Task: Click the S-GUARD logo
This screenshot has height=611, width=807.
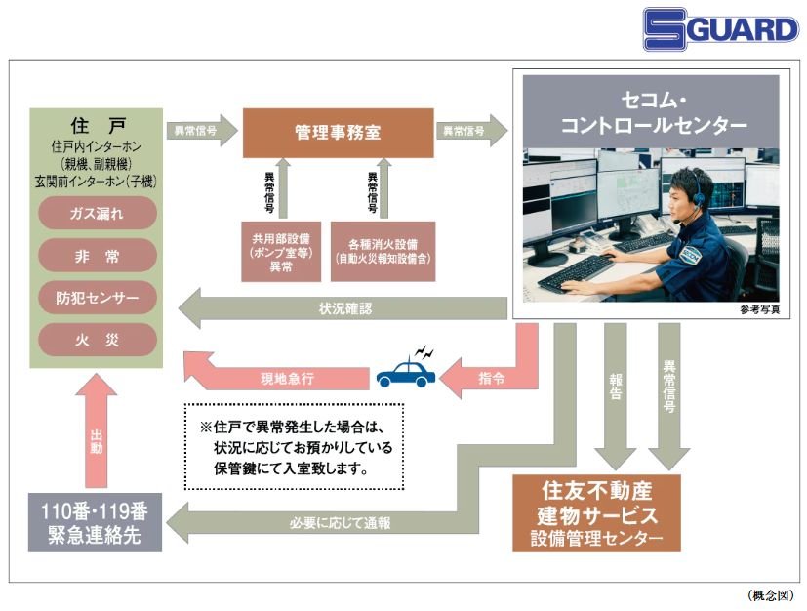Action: (x=720, y=28)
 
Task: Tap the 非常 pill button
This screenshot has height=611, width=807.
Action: (x=98, y=254)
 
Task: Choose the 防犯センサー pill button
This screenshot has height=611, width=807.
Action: (x=98, y=297)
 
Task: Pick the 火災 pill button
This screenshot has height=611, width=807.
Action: (x=98, y=340)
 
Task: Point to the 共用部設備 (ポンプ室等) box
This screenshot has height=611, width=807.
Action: (x=279, y=252)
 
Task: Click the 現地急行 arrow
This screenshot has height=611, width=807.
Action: (x=283, y=376)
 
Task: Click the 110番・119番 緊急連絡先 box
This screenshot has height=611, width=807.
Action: (x=95, y=523)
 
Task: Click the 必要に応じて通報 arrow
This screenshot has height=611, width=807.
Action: (x=342, y=523)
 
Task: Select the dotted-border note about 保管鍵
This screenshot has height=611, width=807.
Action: (x=293, y=448)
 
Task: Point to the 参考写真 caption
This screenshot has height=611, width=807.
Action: (x=759, y=310)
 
